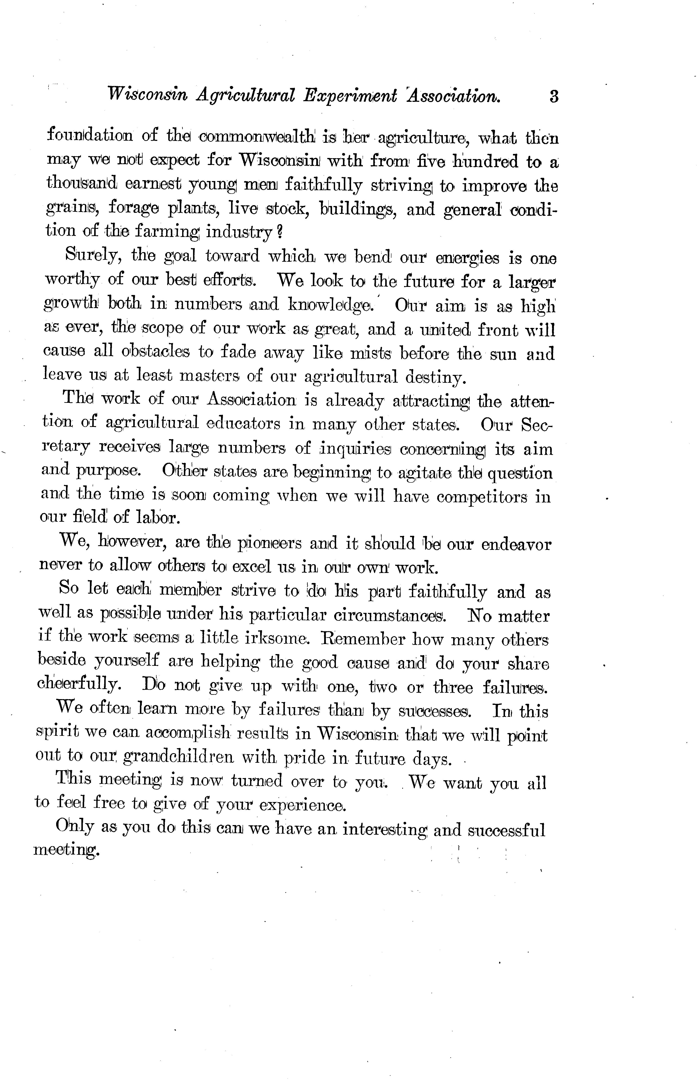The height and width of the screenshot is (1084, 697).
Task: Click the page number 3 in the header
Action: tap(553, 97)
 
